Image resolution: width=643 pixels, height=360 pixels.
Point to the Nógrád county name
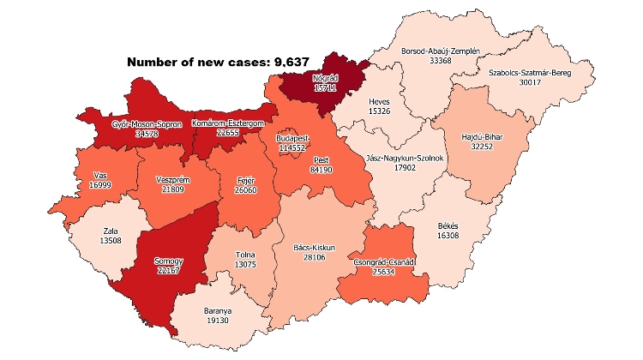click(x=314, y=77)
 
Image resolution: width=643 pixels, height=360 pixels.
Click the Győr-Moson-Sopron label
click(x=147, y=124)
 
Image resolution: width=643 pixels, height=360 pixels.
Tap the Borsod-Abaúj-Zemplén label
click(x=440, y=51)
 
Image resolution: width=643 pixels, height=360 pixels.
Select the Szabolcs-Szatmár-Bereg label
click(x=522, y=73)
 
